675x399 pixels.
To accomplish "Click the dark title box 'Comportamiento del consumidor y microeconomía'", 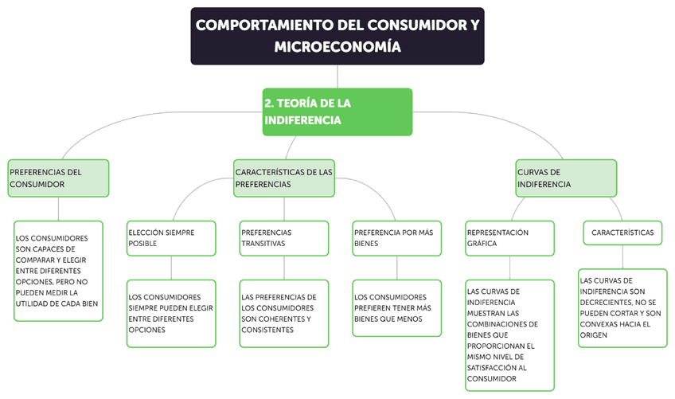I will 337,36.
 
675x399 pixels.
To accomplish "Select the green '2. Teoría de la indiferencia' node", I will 337,111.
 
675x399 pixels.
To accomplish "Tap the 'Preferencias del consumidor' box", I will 58,178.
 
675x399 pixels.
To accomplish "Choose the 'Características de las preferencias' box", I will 284,178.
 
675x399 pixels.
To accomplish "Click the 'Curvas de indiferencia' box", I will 566,178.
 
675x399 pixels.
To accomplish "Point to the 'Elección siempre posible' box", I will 170,238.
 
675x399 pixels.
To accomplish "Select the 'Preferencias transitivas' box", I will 283,238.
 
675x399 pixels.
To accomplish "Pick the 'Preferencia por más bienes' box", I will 396,238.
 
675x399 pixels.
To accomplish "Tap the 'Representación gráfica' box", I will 509,238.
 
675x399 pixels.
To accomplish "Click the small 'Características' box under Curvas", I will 622,233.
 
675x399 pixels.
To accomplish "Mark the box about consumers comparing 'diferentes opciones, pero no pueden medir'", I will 58,271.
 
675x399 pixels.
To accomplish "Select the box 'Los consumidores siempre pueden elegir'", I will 170,313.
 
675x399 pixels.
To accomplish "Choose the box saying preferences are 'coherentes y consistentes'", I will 283,313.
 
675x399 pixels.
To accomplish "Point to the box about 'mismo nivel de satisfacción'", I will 509,335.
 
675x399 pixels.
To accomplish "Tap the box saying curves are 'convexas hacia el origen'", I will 622,308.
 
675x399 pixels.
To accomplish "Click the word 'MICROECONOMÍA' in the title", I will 337,48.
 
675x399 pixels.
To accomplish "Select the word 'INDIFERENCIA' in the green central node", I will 302,120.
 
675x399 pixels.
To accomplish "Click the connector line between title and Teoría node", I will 337,76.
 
